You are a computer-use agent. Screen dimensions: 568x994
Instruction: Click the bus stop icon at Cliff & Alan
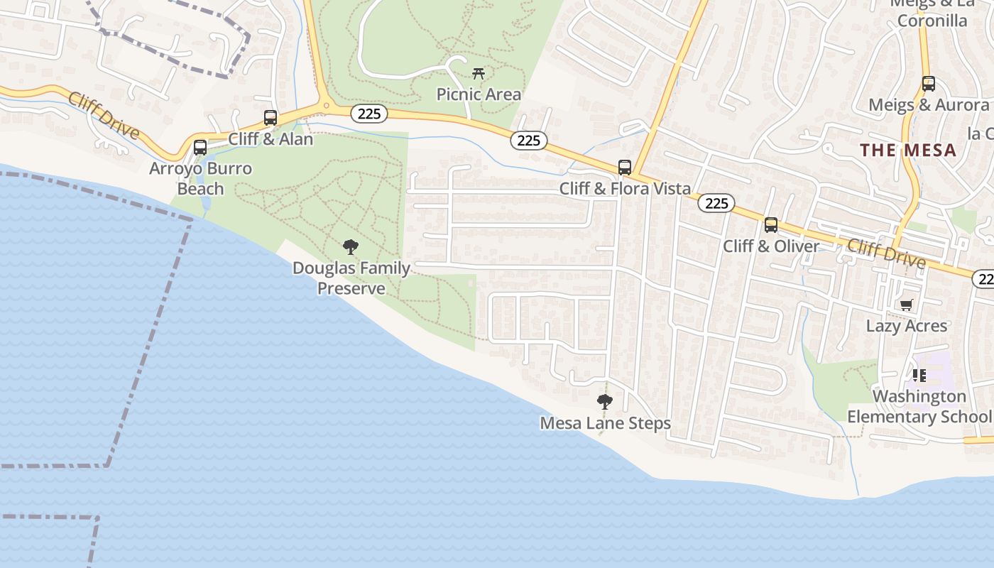(x=271, y=118)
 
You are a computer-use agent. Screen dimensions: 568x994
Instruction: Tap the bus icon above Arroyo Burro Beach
(x=200, y=148)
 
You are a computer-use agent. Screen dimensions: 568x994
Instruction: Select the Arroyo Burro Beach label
(x=200, y=179)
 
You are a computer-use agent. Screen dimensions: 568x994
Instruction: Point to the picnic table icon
(x=479, y=73)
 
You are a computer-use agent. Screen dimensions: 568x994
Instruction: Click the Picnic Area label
(x=479, y=94)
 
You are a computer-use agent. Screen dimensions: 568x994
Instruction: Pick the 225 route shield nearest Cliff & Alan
(x=369, y=114)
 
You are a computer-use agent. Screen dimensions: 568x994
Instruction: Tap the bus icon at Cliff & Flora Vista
(x=625, y=168)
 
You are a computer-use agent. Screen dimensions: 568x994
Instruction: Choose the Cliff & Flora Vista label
(x=625, y=189)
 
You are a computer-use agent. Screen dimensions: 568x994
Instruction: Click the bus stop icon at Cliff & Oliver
(x=771, y=225)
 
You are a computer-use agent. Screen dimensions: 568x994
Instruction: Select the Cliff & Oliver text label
(x=771, y=246)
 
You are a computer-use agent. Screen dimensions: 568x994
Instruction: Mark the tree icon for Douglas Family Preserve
(x=350, y=247)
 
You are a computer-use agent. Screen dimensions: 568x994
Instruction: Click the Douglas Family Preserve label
(x=351, y=278)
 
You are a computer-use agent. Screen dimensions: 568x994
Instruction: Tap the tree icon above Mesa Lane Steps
(x=605, y=403)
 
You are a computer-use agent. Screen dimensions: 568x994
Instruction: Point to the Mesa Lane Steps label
(x=605, y=424)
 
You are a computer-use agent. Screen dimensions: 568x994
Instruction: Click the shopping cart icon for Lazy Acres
(x=906, y=305)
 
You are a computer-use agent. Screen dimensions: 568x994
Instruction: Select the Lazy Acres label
(x=906, y=327)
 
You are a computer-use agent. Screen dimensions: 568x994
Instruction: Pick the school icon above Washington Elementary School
(x=919, y=376)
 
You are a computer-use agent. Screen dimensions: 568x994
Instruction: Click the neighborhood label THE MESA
(x=908, y=151)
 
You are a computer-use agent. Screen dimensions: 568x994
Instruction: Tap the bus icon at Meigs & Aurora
(x=928, y=84)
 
